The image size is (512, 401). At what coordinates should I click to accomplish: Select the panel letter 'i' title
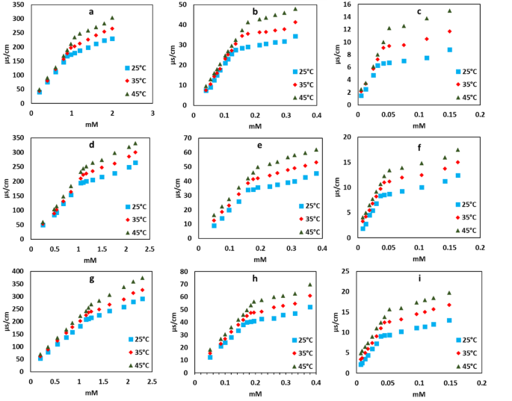pos(424,278)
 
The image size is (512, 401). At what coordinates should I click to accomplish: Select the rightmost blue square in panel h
pos(310,307)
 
